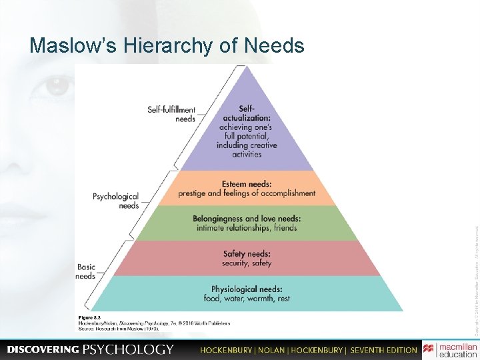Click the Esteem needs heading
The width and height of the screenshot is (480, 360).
click(x=246, y=183)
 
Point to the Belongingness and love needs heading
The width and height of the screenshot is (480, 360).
click(x=247, y=219)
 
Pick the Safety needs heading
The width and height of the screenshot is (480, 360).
click(x=247, y=254)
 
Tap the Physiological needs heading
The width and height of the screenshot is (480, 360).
click(x=247, y=289)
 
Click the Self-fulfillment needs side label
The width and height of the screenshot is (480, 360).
click(x=171, y=114)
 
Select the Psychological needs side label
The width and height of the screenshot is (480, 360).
click(x=115, y=201)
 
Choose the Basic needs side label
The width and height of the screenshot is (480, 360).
click(x=85, y=271)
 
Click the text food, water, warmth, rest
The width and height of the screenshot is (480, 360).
click(x=247, y=299)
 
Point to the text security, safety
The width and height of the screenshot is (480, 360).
click(x=247, y=263)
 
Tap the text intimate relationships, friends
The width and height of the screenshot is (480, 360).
click(x=247, y=228)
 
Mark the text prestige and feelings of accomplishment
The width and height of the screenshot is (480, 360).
click(x=247, y=193)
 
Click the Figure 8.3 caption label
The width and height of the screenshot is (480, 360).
click(x=89, y=317)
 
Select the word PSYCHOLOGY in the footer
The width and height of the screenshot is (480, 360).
click(x=128, y=350)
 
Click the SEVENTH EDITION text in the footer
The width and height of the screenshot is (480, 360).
click(x=383, y=350)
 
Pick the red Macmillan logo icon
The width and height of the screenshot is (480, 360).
click(x=429, y=349)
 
